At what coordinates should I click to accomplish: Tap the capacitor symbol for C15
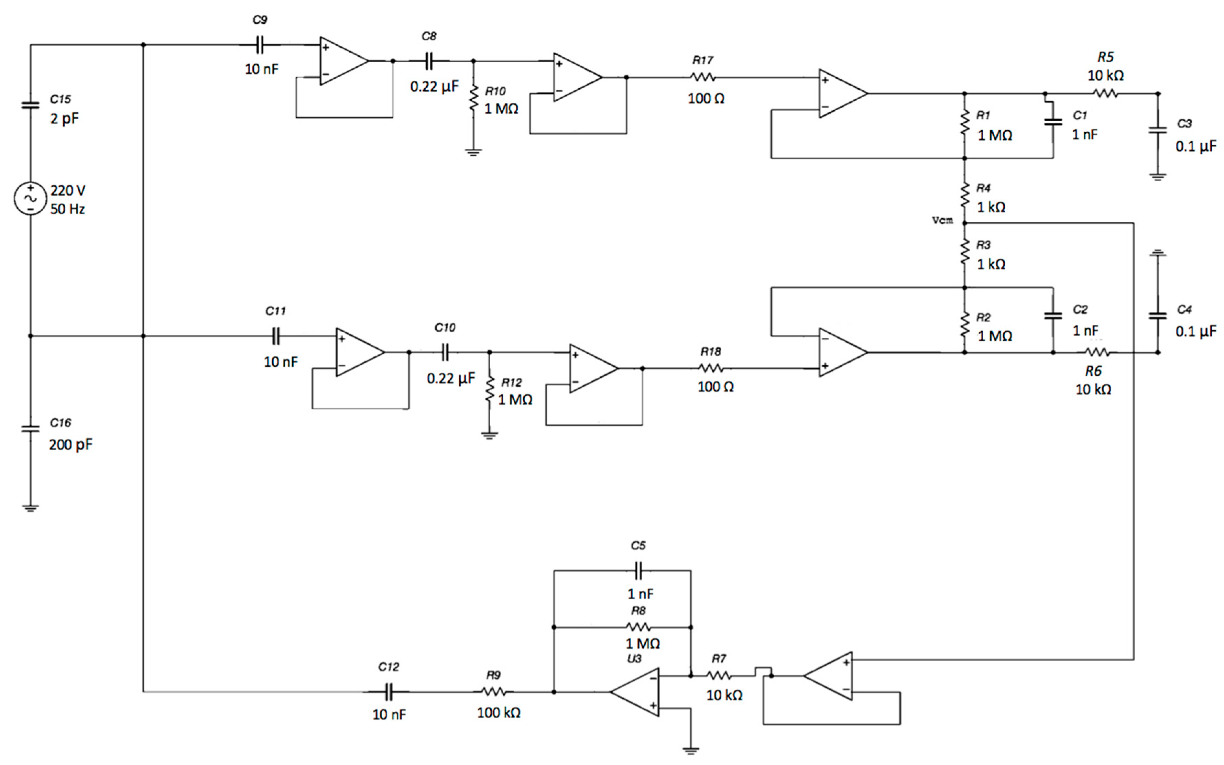pos(30,105)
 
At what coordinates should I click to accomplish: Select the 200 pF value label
pos(70,445)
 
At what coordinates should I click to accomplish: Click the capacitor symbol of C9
pos(259,45)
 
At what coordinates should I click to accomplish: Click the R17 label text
pos(703,60)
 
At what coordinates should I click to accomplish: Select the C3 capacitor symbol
pos(1157,130)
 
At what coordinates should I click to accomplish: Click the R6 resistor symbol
pos(1096,352)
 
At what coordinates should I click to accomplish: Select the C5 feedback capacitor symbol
pos(638,571)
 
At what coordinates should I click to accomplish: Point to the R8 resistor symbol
pos(638,628)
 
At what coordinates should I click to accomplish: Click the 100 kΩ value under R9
pos(498,712)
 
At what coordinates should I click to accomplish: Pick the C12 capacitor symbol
pos(388,692)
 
